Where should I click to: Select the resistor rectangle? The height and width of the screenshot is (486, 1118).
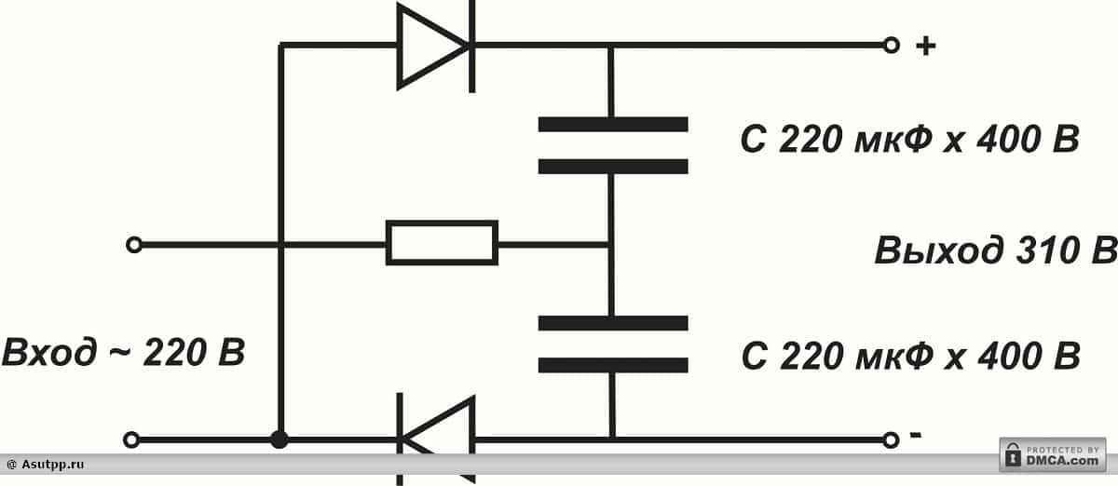tap(442, 243)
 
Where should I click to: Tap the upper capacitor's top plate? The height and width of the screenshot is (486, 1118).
tap(612, 124)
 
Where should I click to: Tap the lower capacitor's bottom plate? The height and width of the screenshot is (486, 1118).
tap(612, 365)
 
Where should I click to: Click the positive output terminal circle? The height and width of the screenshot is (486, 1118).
tap(891, 45)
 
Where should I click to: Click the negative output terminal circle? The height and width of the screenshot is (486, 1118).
tap(891, 439)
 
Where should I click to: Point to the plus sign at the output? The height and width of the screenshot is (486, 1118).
tap(924, 46)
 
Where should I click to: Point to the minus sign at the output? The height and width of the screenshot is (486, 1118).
tap(916, 435)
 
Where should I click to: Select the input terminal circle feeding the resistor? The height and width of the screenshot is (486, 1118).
tap(134, 245)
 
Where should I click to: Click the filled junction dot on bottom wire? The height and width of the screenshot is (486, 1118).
tap(279, 439)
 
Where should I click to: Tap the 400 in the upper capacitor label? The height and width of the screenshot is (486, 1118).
tap(1006, 141)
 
